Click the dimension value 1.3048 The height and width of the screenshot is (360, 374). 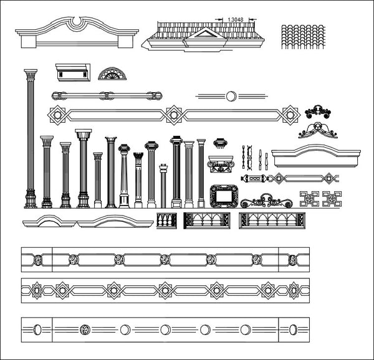[236, 19]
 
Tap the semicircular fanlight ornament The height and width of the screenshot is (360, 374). [112, 74]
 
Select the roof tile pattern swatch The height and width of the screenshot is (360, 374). [303, 37]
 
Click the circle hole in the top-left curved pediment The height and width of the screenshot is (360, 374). [77, 21]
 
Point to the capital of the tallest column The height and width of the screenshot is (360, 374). [31, 75]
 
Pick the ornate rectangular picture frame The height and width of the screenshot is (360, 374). [224, 196]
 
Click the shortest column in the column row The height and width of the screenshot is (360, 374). [163, 186]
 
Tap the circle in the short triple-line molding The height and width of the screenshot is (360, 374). [231, 97]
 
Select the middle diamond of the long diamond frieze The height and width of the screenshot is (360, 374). [174, 115]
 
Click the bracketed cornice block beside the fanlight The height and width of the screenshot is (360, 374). [73, 72]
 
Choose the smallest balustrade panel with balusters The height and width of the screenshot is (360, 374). [166, 220]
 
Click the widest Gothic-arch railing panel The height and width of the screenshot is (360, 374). [272, 220]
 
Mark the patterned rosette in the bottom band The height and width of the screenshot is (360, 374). [85, 329]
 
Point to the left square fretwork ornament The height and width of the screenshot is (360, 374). [309, 199]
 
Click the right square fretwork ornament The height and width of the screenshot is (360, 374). [332, 199]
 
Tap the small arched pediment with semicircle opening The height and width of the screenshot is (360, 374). [49, 221]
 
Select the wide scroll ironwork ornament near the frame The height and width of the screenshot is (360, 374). [266, 201]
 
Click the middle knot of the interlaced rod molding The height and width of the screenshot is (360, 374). [107, 96]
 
